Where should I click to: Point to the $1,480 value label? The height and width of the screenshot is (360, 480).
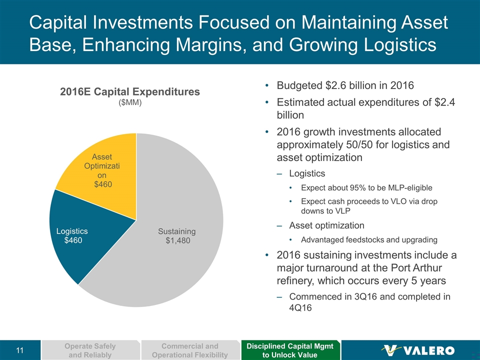click(x=178, y=240)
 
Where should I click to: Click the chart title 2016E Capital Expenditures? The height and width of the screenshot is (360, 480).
click(x=129, y=92)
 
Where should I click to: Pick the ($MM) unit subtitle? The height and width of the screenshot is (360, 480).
click(x=129, y=103)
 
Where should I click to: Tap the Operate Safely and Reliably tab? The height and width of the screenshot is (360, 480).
click(x=90, y=350)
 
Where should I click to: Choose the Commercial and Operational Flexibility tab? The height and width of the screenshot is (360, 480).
click(x=190, y=350)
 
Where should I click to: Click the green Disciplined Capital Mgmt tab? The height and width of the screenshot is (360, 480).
click(x=290, y=350)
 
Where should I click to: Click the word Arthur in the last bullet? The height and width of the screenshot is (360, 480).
click(x=420, y=268)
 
